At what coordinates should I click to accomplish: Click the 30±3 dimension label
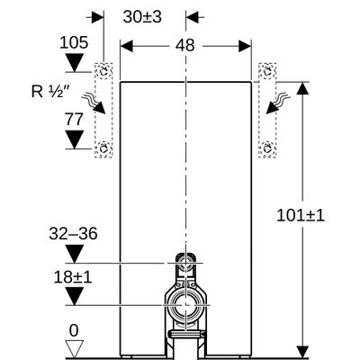[x=142, y=17]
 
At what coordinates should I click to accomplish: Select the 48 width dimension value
[x=185, y=46]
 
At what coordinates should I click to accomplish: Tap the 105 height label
[x=74, y=42]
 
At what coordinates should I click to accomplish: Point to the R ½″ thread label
[x=50, y=92]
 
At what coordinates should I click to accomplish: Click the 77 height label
[x=74, y=120]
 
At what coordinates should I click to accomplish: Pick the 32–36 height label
[x=73, y=233]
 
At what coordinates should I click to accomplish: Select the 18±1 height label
[x=73, y=277]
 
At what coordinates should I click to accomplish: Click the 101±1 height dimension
[x=301, y=215]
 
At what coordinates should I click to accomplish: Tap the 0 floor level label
[x=74, y=331]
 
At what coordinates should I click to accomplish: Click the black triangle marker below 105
[x=74, y=62]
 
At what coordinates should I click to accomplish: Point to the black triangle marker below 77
[x=74, y=139]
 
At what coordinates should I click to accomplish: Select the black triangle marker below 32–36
[x=74, y=254]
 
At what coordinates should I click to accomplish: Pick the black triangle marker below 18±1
[x=74, y=296]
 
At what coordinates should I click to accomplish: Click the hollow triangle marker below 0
[x=74, y=349]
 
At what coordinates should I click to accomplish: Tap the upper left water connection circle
[x=103, y=72]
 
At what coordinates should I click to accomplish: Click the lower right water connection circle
[x=267, y=148]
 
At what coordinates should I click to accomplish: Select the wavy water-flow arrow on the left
[x=94, y=103]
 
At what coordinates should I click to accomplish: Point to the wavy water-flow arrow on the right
[x=278, y=103]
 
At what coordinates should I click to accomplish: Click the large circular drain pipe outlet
[x=186, y=305]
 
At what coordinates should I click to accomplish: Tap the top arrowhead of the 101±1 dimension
[x=302, y=88]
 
